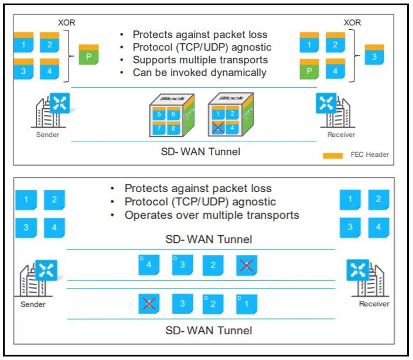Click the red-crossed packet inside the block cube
pos(219,128)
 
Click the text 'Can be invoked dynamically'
pos(200,73)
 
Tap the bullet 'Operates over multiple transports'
pos(212,215)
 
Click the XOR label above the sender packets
pos(67,22)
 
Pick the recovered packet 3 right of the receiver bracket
pos(374,55)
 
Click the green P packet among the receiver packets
pos(309,70)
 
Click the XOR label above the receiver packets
pos(352,22)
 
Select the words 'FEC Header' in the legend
pos(370,155)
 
